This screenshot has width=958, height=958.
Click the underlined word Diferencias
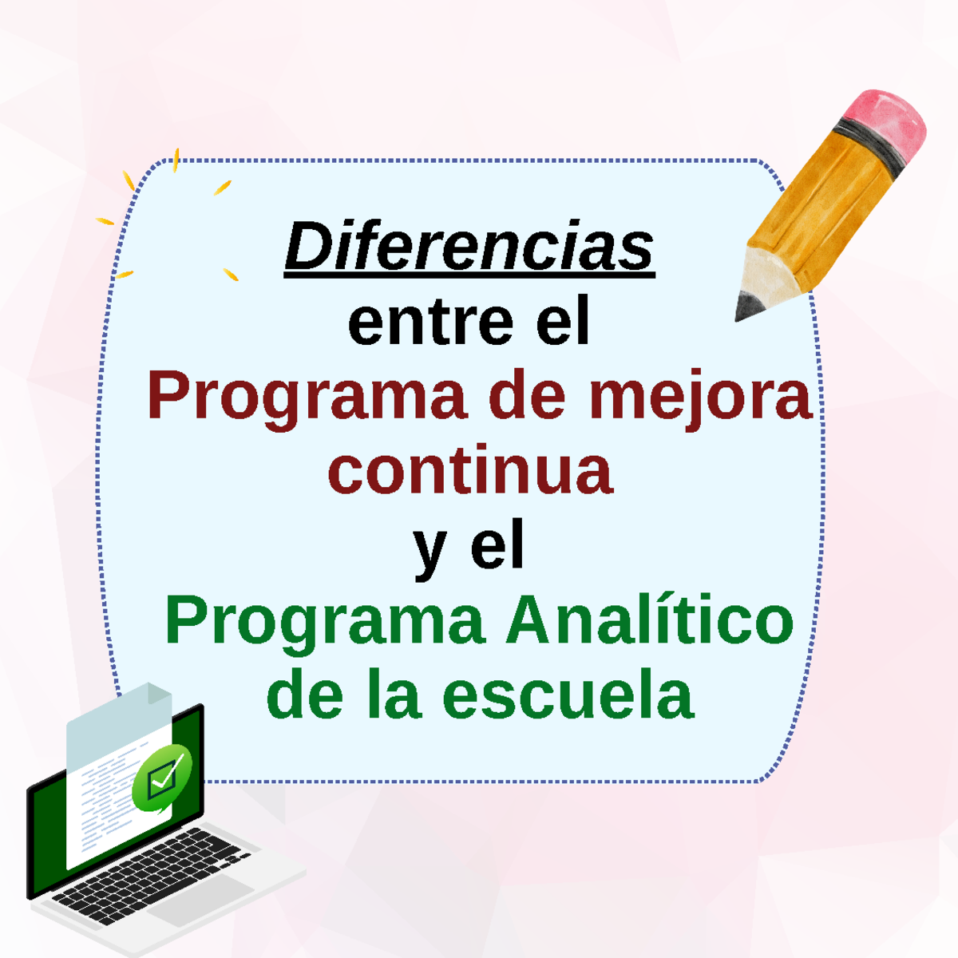pyautogui.click(x=469, y=247)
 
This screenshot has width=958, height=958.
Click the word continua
pyautogui.click(x=470, y=471)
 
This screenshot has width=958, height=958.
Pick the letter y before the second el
pyautogui.click(x=430, y=549)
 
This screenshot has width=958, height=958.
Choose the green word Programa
pyautogui.click(x=325, y=622)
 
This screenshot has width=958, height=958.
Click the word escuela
pyautogui.click(x=568, y=695)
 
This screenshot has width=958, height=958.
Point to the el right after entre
pyautogui.click(x=563, y=322)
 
